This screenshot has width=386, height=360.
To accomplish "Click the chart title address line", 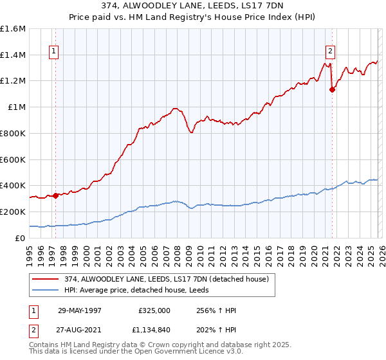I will [192, 6].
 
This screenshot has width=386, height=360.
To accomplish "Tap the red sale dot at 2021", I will [332, 90].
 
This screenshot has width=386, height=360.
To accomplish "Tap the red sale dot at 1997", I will [56, 195].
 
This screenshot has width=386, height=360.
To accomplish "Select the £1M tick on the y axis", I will [17, 107].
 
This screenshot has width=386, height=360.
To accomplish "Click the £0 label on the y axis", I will [21, 238].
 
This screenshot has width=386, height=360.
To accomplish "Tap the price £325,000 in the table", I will [154, 310].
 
